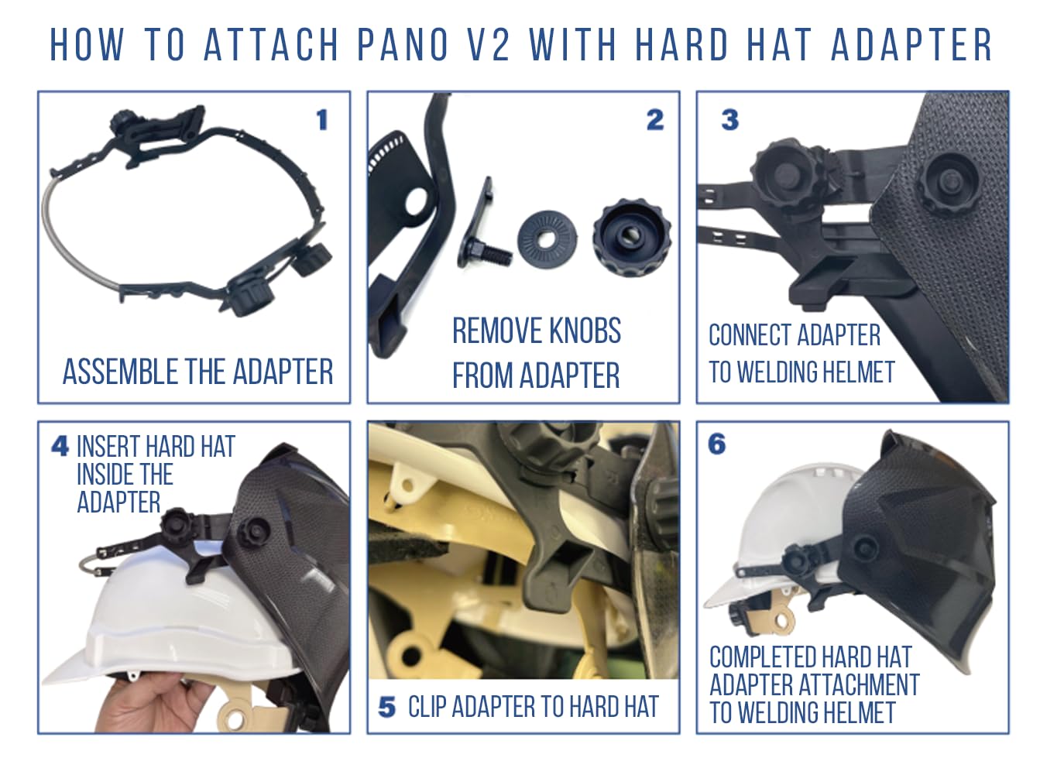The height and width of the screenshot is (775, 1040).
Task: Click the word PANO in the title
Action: click(x=402, y=45)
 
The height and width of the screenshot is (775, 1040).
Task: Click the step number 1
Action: click(x=322, y=120)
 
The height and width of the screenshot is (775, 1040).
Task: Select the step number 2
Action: click(x=655, y=120)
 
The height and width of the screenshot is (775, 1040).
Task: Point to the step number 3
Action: click(x=729, y=120)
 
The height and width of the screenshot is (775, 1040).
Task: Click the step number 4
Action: click(x=60, y=446)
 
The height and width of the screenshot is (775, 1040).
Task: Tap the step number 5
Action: click(x=386, y=708)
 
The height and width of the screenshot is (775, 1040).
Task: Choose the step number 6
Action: click(x=716, y=444)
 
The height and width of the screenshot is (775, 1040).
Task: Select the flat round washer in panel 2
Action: click(x=547, y=238)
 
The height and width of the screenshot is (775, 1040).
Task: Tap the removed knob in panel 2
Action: click(x=632, y=238)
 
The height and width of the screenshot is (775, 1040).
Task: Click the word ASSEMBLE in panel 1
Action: click(x=121, y=372)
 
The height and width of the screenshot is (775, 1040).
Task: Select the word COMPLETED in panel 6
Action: click(x=763, y=657)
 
